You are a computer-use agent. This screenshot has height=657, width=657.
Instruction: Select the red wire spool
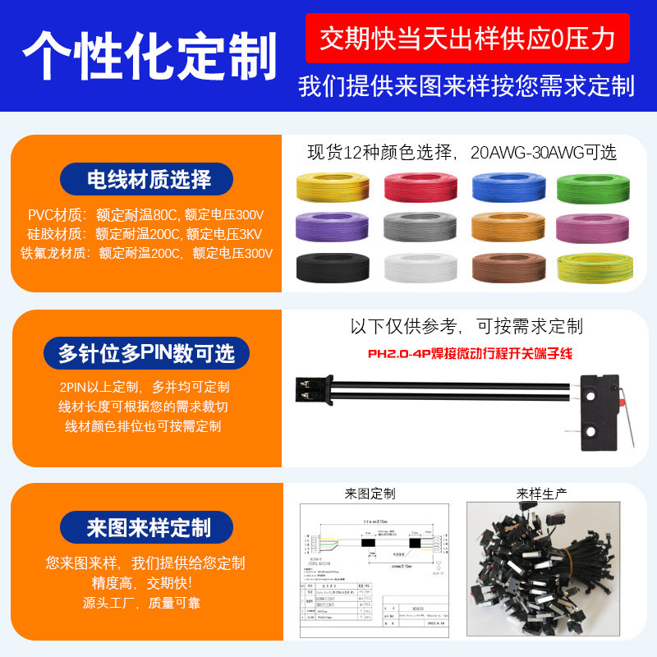(x=419, y=188)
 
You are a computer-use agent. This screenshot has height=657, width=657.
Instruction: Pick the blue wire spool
(x=507, y=188)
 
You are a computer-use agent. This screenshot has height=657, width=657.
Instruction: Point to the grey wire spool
(x=419, y=227)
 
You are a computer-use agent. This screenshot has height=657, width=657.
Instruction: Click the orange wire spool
(x=507, y=227)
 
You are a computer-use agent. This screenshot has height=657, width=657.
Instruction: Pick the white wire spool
(x=419, y=267)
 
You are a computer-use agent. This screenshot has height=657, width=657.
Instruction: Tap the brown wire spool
(x=507, y=267)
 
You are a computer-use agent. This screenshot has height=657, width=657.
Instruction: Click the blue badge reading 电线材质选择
(x=147, y=179)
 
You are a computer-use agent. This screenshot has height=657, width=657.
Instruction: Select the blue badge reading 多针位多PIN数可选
(x=146, y=353)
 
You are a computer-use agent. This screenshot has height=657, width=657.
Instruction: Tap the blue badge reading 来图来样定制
(x=148, y=527)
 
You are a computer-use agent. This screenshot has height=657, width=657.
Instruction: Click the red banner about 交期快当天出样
(x=467, y=38)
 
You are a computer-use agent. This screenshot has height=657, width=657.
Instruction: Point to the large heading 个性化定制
(x=149, y=55)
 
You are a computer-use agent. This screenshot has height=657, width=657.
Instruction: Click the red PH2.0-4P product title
(x=468, y=354)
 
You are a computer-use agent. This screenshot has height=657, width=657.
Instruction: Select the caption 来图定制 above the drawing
(x=370, y=494)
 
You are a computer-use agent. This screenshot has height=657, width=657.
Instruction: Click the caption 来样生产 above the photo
(x=542, y=494)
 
